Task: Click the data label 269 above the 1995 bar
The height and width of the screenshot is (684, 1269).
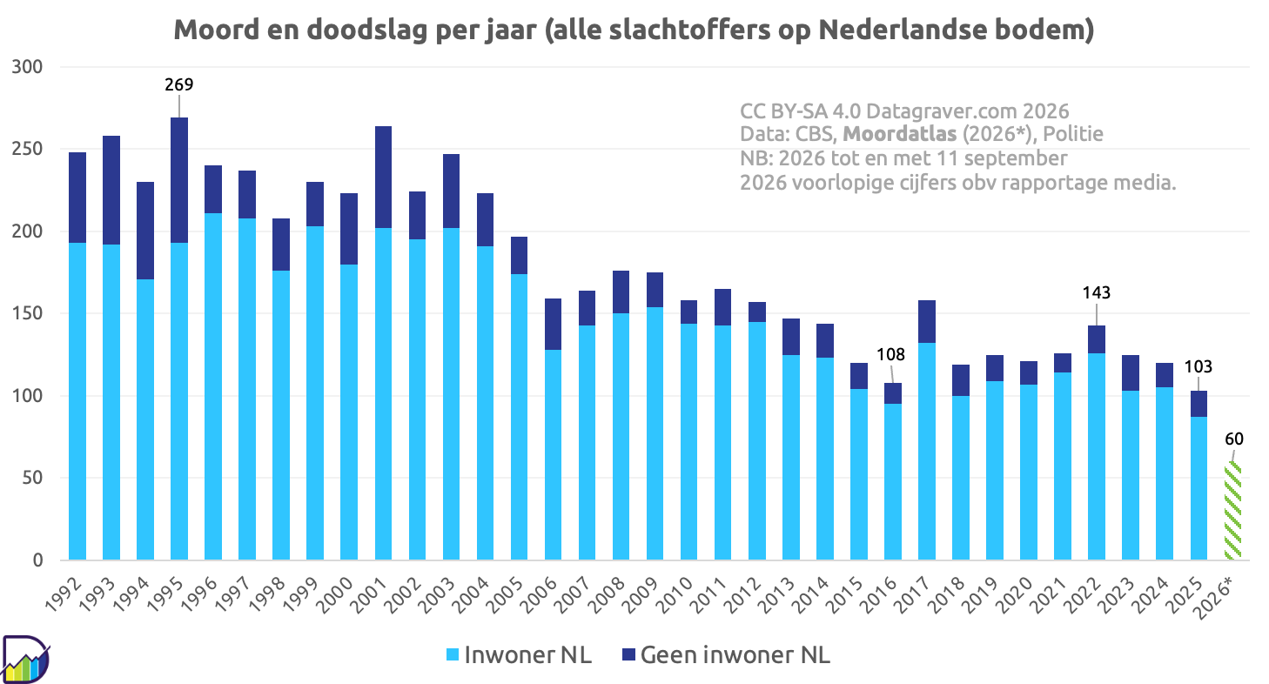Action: pyautogui.click(x=179, y=84)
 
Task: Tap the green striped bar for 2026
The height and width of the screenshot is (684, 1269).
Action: pyautogui.click(x=1232, y=511)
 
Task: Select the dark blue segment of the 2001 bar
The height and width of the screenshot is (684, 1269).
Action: pyautogui.click(x=384, y=178)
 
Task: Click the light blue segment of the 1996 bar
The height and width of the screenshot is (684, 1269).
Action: pyautogui.click(x=213, y=386)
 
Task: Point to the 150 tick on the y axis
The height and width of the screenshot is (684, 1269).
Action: pyautogui.click(x=27, y=313)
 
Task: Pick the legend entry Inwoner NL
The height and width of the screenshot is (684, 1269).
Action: pyautogui.click(x=519, y=655)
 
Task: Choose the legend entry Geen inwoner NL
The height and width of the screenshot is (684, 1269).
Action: pyautogui.click(x=726, y=655)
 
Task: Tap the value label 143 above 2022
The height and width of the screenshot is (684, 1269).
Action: pyautogui.click(x=1097, y=292)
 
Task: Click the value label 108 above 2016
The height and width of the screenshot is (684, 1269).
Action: pyautogui.click(x=890, y=354)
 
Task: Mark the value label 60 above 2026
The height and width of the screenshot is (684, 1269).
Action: pyautogui.click(x=1234, y=439)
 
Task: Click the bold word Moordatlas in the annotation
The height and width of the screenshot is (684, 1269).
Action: pyautogui.click(x=900, y=134)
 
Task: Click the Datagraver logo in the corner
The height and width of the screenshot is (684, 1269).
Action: pyautogui.click(x=25, y=659)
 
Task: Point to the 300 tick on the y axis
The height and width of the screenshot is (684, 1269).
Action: pyautogui.click(x=27, y=67)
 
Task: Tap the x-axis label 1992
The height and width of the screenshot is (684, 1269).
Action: pyautogui.click(x=63, y=594)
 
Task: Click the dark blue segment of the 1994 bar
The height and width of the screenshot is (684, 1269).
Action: pyautogui.click(x=145, y=231)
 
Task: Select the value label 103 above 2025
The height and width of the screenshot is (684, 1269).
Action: pyautogui.click(x=1198, y=367)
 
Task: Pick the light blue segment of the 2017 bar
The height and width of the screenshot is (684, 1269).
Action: pyautogui.click(x=927, y=452)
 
